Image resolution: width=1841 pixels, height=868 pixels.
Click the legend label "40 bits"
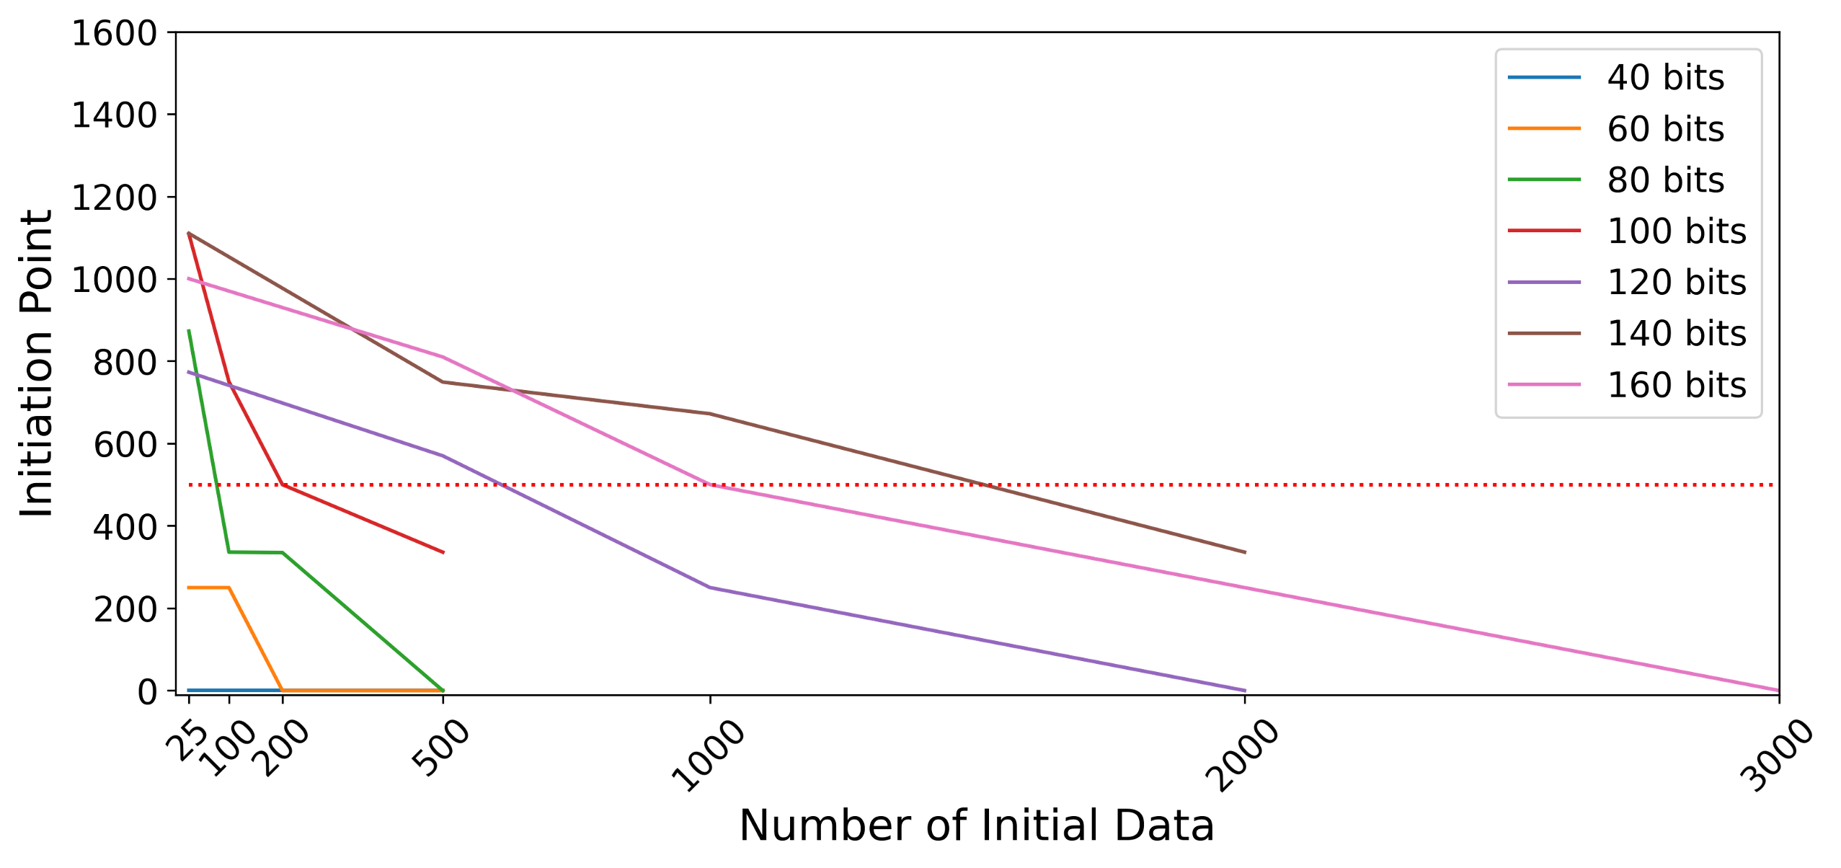pyautogui.click(x=1665, y=78)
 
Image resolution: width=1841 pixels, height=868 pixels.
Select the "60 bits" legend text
pyautogui.click(x=1665, y=129)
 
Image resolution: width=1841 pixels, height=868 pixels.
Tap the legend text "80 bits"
pyautogui.click(x=1665, y=180)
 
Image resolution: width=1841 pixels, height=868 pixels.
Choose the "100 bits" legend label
pyautogui.click(x=1676, y=231)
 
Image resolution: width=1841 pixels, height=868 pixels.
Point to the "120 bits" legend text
pyautogui.click(x=1676, y=283)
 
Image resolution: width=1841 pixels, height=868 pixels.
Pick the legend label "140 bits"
pyautogui.click(x=1676, y=334)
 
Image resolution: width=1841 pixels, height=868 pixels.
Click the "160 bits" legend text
pyautogui.click(x=1676, y=385)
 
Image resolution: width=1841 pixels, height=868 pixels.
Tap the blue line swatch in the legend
pyautogui.click(x=1544, y=78)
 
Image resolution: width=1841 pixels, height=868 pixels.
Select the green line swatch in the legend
pyautogui.click(x=1544, y=180)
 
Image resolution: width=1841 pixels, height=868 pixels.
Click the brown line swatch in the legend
pyautogui.click(x=1544, y=334)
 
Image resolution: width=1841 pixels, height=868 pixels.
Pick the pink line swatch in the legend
pyautogui.click(x=1544, y=385)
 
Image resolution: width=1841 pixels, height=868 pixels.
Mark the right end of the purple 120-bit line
pyautogui.click(x=1245, y=690)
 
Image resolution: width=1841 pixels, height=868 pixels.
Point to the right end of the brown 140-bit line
pyautogui.click(x=1245, y=552)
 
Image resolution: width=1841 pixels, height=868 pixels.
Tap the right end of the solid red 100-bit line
pyautogui.click(x=443, y=552)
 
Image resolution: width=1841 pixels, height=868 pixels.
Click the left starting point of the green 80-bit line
pyautogui.click(x=189, y=331)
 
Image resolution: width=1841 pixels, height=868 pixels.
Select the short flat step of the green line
pyautogui.click(x=255, y=552)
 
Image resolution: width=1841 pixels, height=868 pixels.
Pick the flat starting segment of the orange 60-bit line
pyautogui.click(x=208, y=588)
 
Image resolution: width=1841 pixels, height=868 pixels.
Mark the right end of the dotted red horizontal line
pyautogui.click(x=1775, y=485)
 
